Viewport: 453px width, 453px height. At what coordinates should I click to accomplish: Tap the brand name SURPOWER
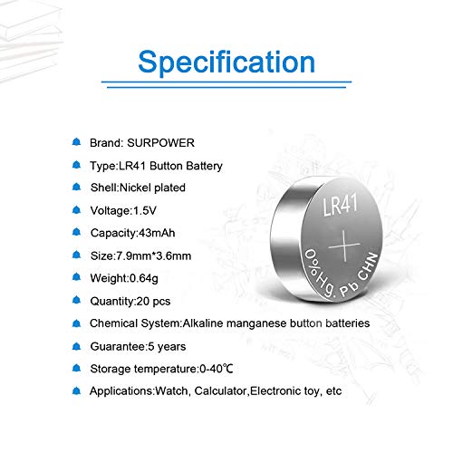coord(164,143)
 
